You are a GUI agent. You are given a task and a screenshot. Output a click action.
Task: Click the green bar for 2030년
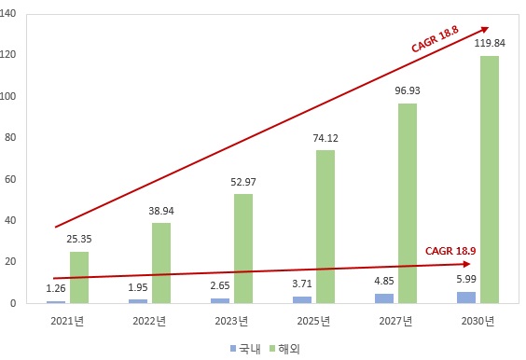coord(489,179)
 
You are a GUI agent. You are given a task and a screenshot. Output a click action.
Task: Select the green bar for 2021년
coord(79,277)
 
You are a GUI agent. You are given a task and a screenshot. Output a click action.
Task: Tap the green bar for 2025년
coord(325,227)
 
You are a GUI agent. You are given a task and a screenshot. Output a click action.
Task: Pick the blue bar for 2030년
coord(465,298)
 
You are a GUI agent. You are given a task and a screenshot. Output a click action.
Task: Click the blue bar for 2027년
coord(383,298)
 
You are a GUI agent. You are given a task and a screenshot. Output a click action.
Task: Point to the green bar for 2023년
coord(242,248)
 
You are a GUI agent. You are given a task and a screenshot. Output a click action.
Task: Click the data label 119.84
coord(490,43)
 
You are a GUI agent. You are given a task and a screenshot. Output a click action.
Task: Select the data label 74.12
coord(325,137)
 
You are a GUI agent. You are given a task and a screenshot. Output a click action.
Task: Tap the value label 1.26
coord(56,289)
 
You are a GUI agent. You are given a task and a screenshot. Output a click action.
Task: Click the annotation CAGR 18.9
coord(452,251)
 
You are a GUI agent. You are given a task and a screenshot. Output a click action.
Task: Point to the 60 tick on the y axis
coord(28,179)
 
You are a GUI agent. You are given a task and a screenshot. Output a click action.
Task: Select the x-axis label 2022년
coord(149,322)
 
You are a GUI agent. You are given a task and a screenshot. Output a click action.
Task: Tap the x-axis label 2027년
coord(395,322)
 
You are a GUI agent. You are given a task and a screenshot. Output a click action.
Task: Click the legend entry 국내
coord(245,348)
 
